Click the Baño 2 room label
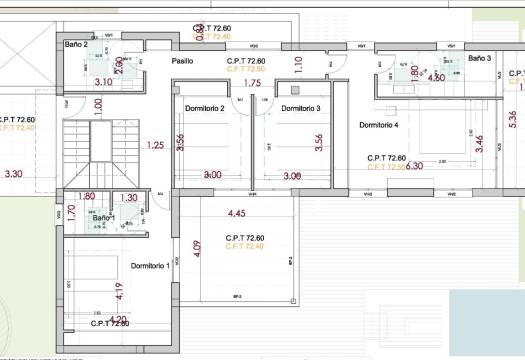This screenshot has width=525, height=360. (76, 45)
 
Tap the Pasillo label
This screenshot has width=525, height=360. (182, 61)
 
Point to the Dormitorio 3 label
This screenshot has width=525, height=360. (300, 108)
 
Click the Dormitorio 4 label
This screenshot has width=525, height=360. (378, 125)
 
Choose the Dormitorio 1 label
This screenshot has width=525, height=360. (150, 265)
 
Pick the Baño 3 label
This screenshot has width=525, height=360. (480, 58)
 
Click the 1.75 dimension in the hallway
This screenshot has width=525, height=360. (252, 83)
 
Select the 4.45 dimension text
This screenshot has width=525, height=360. (237, 213)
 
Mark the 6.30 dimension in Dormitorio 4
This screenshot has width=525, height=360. (414, 166)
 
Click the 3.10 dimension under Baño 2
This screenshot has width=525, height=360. (103, 82)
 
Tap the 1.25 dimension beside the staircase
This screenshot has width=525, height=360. (155, 146)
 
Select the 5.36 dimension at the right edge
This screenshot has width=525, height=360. (513, 121)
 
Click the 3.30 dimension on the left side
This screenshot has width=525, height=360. (13, 174)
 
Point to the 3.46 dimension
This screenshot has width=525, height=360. (479, 142)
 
